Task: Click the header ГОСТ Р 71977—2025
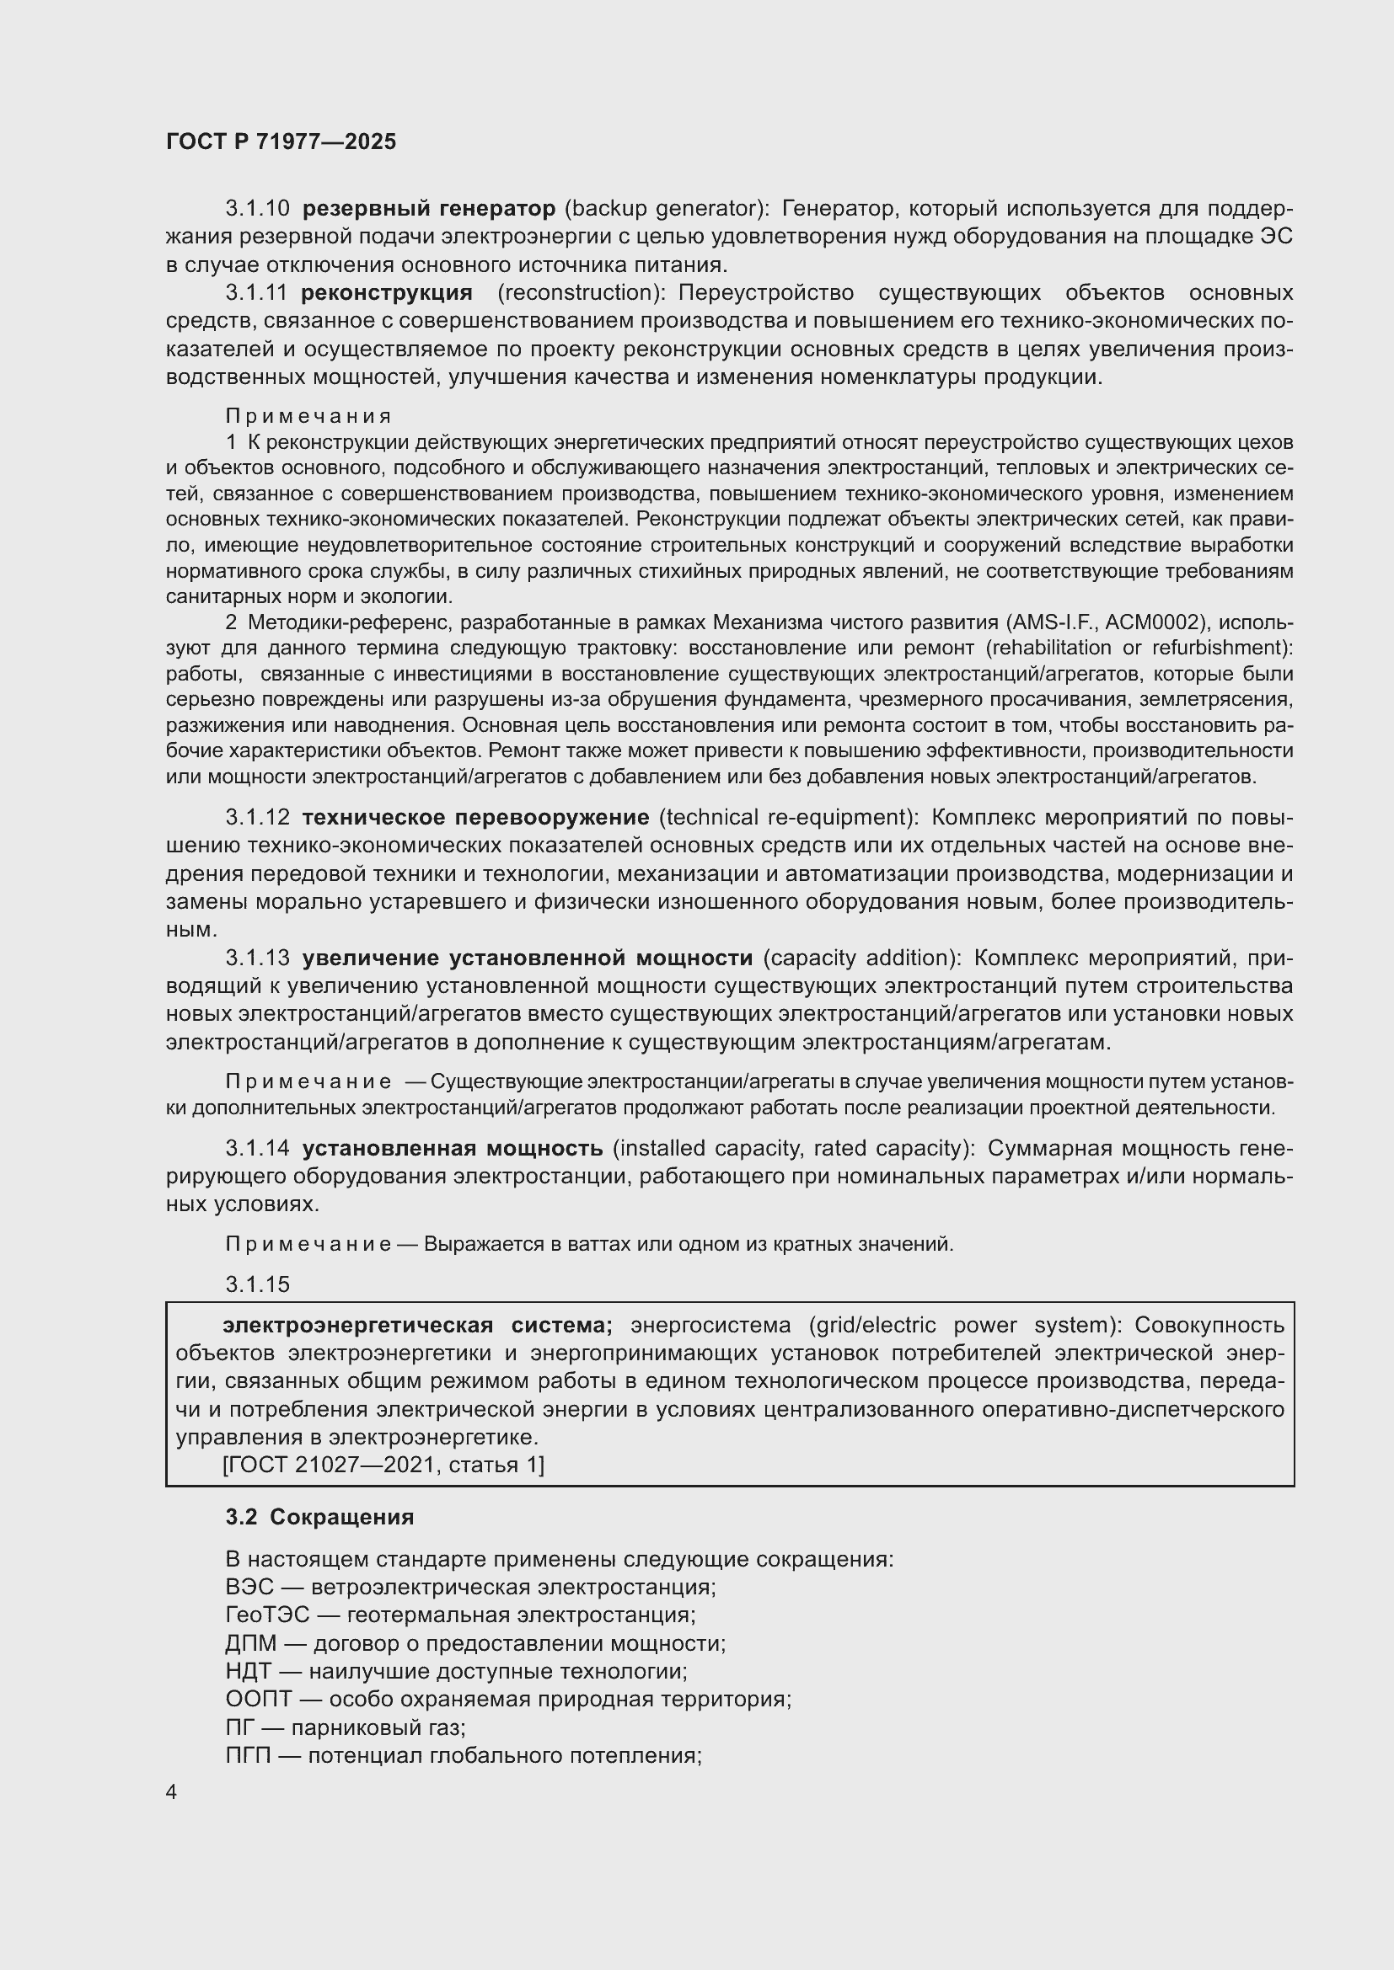click(x=281, y=141)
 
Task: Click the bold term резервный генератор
click(x=429, y=209)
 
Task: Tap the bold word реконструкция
click(x=386, y=292)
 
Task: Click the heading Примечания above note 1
click(x=308, y=416)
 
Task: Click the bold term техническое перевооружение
click(x=475, y=817)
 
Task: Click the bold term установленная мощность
click(x=453, y=1148)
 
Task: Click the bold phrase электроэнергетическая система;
click(x=417, y=1326)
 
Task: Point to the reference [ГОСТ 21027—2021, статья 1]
click(x=383, y=1465)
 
